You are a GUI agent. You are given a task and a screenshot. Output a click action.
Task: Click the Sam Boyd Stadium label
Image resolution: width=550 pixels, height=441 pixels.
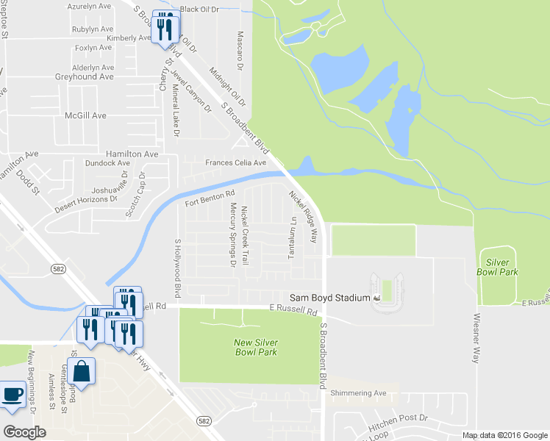tap(329, 298)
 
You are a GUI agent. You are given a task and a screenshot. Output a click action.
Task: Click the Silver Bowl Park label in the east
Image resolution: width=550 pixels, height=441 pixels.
tap(502, 267)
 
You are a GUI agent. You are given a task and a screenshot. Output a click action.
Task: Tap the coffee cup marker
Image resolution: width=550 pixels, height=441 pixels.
tap(12, 395)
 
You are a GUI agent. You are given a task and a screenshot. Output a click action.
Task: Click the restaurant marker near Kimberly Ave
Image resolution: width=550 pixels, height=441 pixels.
tap(165, 27)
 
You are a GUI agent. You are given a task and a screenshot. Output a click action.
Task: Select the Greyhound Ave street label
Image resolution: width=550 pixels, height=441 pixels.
tap(85, 76)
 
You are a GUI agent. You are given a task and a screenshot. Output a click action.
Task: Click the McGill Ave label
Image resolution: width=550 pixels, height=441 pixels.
tap(85, 115)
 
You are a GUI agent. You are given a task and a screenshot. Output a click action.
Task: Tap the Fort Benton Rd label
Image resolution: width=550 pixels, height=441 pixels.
tap(210, 197)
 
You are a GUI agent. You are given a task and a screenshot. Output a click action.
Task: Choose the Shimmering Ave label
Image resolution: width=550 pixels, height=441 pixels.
tap(358, 393)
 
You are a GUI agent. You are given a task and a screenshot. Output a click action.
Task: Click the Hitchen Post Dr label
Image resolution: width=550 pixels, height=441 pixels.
tap(399, 417)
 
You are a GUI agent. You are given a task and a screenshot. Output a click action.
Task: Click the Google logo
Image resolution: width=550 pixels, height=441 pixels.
tap(24, 431)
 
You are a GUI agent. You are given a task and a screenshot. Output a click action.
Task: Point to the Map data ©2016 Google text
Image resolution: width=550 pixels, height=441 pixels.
tap(505, 435)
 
